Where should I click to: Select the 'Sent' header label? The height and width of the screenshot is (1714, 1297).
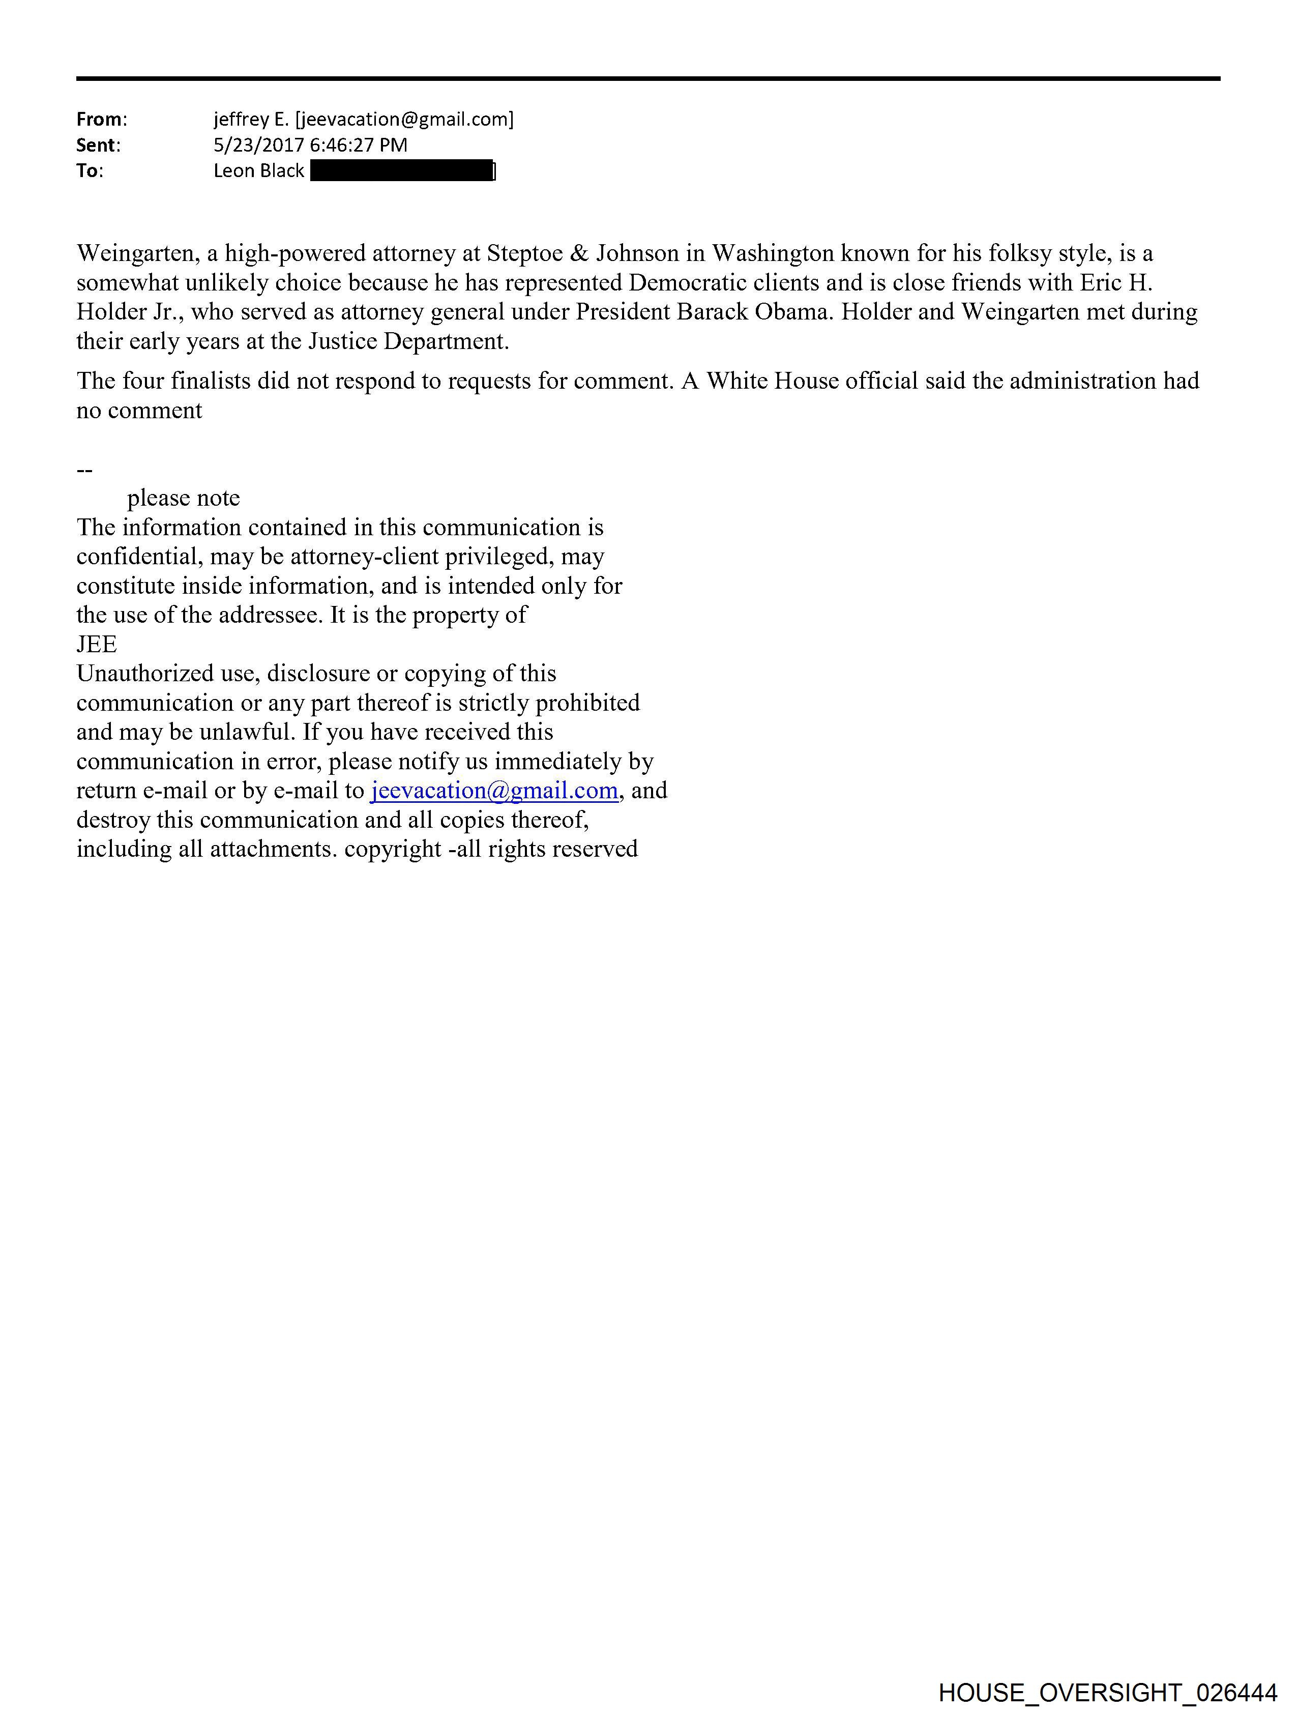click(x=96, y=145)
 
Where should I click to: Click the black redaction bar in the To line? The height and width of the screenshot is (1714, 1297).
click(x=401, y=170)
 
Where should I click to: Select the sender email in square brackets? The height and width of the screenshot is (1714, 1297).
click(x=404, y=120)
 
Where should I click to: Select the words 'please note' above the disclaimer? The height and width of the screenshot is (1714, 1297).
click(x=184, y=498)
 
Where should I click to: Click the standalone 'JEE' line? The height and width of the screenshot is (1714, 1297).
click(x=97, y=644)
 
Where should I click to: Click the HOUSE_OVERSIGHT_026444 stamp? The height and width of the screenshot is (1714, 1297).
click(x=1107, y=1692)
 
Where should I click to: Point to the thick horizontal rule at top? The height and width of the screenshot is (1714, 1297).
click(x=647, y=78)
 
